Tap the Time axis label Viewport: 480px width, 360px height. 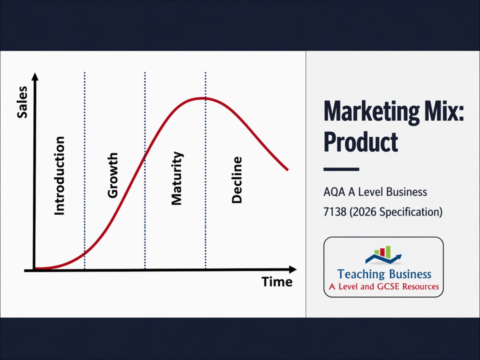tap(276, 282)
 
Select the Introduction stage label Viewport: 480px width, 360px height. tap(59, 176)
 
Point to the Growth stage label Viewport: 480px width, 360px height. tap(113, 175)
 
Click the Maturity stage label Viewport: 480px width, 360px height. tap(177, 178)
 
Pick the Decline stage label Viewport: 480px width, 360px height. tap(237, 180)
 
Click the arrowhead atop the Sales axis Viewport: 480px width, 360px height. tap(34, 76)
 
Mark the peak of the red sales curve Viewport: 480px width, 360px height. tap(204, 98)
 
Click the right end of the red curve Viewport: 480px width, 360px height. tap(287, 169)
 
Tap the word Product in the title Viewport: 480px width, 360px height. tap(360, 142)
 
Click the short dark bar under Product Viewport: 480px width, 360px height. tap(341, 169)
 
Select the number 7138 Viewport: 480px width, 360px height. tap(335, 212)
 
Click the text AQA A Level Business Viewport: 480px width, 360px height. tap(375, 192)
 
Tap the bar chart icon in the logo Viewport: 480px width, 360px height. tap(383, 253)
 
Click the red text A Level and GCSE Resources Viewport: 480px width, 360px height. tap(383, 287)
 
